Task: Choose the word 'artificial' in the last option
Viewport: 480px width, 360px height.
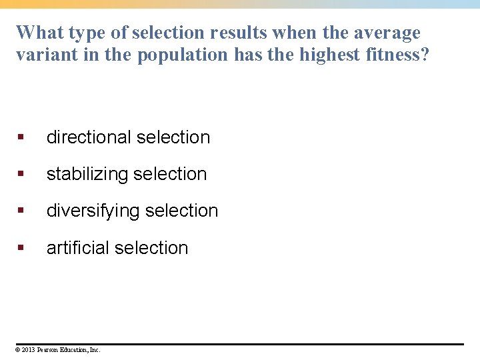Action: [77, 248]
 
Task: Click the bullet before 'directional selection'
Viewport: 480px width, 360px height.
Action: [21, 137]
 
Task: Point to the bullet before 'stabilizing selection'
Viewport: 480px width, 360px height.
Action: [21, 174]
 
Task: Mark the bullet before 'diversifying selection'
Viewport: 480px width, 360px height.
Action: [21, 211]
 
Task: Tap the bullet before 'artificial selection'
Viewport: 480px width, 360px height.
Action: [21, 248]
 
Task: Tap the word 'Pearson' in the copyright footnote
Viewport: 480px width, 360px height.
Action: [48, 349]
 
